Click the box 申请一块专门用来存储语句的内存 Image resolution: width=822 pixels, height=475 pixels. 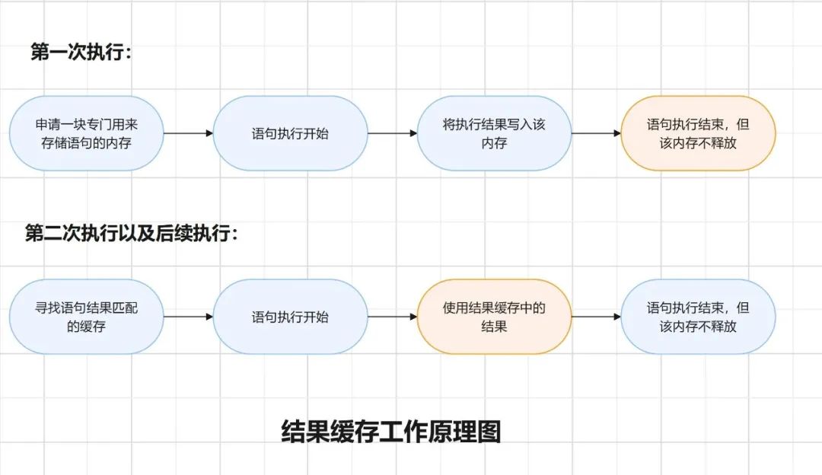(x=87, y=133)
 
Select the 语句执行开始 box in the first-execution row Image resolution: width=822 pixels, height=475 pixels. (x=290, y=133)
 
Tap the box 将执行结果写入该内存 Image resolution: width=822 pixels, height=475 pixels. (x=494, y=133)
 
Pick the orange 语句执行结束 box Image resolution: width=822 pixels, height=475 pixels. (x=698, y=133)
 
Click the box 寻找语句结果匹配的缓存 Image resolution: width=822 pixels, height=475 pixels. (x=87, y=317)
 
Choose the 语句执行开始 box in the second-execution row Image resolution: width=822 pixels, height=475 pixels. (x=290, y=317)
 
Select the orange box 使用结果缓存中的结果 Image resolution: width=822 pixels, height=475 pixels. (x=494, y=317)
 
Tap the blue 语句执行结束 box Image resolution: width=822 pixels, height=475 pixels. (x=698, y=317)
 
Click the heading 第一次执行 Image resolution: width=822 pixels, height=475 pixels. (x=81, y=52)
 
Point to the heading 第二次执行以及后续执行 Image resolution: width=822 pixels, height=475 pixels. (x=131, y=234)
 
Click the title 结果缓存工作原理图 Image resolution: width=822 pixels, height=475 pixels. (x=391, y=432)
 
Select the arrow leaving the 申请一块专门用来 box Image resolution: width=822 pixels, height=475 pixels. (x=188, y=133)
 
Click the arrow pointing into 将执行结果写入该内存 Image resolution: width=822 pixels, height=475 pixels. (x=392, y=133)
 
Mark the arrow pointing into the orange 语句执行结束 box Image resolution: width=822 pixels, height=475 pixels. (x=596, y=133)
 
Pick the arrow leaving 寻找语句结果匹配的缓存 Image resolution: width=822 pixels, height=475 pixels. (x=188, y=317)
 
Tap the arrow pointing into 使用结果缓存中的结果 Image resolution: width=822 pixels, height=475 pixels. (x=392, y=317)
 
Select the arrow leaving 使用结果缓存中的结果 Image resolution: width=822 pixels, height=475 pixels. (x=596, y=317)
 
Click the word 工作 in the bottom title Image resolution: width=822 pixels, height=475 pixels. (x=403, y=432)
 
